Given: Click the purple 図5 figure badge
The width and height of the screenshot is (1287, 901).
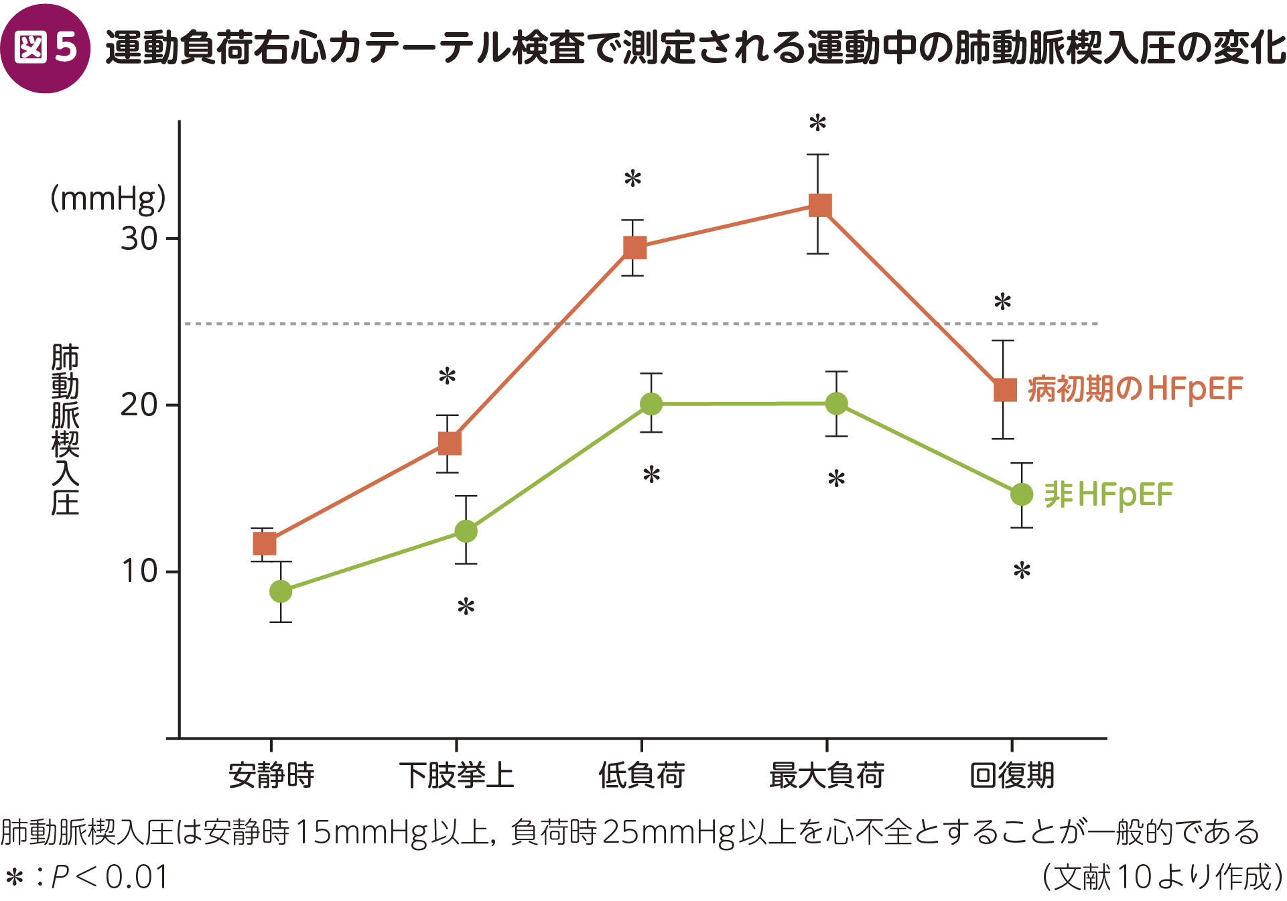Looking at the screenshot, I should pos(45,48).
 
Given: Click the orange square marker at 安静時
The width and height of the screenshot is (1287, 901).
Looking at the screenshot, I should pos(265,543).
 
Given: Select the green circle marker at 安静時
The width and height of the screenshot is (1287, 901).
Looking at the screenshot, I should pos(281,592).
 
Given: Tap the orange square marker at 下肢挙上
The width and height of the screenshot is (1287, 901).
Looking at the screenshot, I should pos(450,443).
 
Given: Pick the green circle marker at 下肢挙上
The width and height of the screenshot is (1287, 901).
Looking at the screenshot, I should pos(466,531).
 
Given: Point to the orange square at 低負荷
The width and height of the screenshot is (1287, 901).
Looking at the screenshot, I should pos(634,247).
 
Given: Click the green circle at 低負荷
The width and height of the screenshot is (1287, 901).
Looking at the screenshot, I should pos(651,404).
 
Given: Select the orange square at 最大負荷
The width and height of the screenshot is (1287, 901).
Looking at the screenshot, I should pos(820,205).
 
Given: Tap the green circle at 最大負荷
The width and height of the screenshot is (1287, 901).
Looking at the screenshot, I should pos(836,403).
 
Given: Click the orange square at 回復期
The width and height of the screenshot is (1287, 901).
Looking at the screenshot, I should pos(1005,390).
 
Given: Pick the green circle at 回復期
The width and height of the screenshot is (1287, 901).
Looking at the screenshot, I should pos(1021,494).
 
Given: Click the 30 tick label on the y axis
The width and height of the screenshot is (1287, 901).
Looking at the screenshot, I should pos(139,238).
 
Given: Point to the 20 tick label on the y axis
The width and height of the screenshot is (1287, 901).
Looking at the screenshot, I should pos(139,405).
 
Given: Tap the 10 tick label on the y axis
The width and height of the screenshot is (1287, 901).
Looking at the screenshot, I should pos(139,571).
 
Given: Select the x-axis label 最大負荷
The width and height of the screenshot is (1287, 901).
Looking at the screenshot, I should pos(827,775).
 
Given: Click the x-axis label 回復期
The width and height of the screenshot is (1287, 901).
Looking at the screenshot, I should pos(1012,775).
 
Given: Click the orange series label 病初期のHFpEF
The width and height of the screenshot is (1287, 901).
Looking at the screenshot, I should pos(1135,389).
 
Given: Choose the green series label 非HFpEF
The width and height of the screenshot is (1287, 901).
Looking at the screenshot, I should pos(1108,495).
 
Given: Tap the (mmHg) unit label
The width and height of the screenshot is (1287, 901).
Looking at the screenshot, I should pos(108,198).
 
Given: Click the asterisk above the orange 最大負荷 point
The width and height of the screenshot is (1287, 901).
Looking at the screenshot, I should pos(817,123).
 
